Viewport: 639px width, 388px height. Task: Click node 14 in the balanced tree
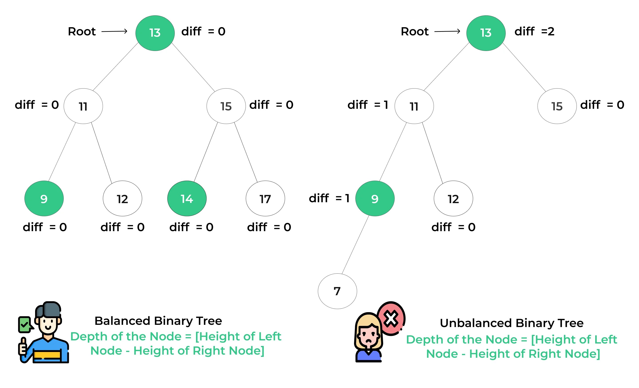coord(187,198)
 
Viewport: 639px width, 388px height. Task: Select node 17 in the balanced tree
coord(265,198)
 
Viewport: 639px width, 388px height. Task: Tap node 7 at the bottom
coord(337,291)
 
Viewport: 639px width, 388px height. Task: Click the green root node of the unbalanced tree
coord(486,33)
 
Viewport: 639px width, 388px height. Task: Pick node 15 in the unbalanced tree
coord(557,106)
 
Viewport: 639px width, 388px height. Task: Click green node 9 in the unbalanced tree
coord(375,198)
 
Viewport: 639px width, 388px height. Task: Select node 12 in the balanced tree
coord(122,198)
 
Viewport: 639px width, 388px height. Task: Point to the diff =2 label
coord(534,31)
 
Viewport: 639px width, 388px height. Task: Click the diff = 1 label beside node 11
coord(368,105)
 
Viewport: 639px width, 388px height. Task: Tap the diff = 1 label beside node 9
coord(329,198)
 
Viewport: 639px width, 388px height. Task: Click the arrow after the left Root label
coord(114,31)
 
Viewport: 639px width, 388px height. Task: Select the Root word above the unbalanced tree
coord(414,31)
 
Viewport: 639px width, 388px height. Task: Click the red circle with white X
coord(391,318)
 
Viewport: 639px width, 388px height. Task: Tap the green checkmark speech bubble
coord(25,324)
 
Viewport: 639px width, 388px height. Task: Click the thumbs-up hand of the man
coord(23,346)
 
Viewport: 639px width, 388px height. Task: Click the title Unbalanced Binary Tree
coord(512,323)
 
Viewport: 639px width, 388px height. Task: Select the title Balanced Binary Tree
coord(158,321)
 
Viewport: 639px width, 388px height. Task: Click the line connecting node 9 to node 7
coord(355,245)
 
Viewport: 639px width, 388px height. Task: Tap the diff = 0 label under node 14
coord(191,227)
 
